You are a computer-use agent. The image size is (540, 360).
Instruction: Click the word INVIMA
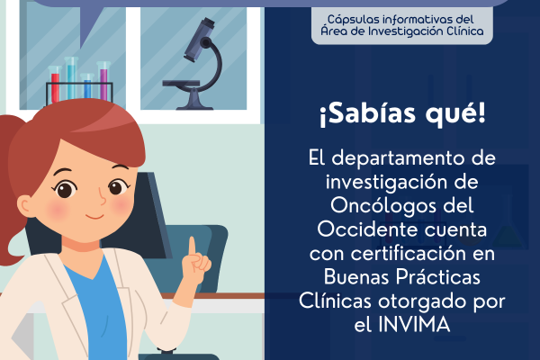(414, 324)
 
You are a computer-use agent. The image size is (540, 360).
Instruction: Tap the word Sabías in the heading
(367, 114)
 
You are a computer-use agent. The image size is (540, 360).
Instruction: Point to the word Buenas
(356, 277)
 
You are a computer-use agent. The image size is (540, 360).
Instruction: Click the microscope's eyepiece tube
(199, 39)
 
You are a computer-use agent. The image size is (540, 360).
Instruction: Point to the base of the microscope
(194, 102)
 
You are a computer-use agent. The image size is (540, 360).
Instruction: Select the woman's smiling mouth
(94, 217)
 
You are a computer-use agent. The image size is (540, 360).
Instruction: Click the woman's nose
(102, 197)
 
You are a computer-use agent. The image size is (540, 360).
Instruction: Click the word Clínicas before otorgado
(335, 301)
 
